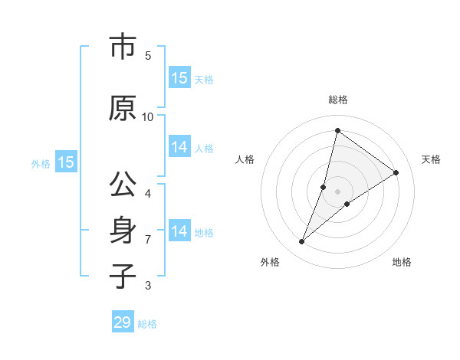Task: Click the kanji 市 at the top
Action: point(122,47)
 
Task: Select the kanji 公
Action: point(122,186)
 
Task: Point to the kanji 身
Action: point(122,231)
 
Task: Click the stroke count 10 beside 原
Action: point(148,116)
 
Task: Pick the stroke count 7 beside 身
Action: point(148,240)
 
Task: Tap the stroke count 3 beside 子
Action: point(148,286)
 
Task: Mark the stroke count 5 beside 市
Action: point(148,56)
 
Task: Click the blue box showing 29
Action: point(123,322)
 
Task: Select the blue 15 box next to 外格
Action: point(66,162)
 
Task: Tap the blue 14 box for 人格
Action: point(179,148)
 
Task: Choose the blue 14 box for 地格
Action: point(179,231)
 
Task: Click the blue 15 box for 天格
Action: point(179,78)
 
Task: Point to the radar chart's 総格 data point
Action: point(337,130)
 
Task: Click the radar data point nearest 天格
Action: point(396,173)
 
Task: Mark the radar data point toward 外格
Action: point(302,242)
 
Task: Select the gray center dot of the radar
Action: point(337,191)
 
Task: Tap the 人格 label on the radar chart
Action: point(245,159)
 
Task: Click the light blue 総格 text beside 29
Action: point(147,324)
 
